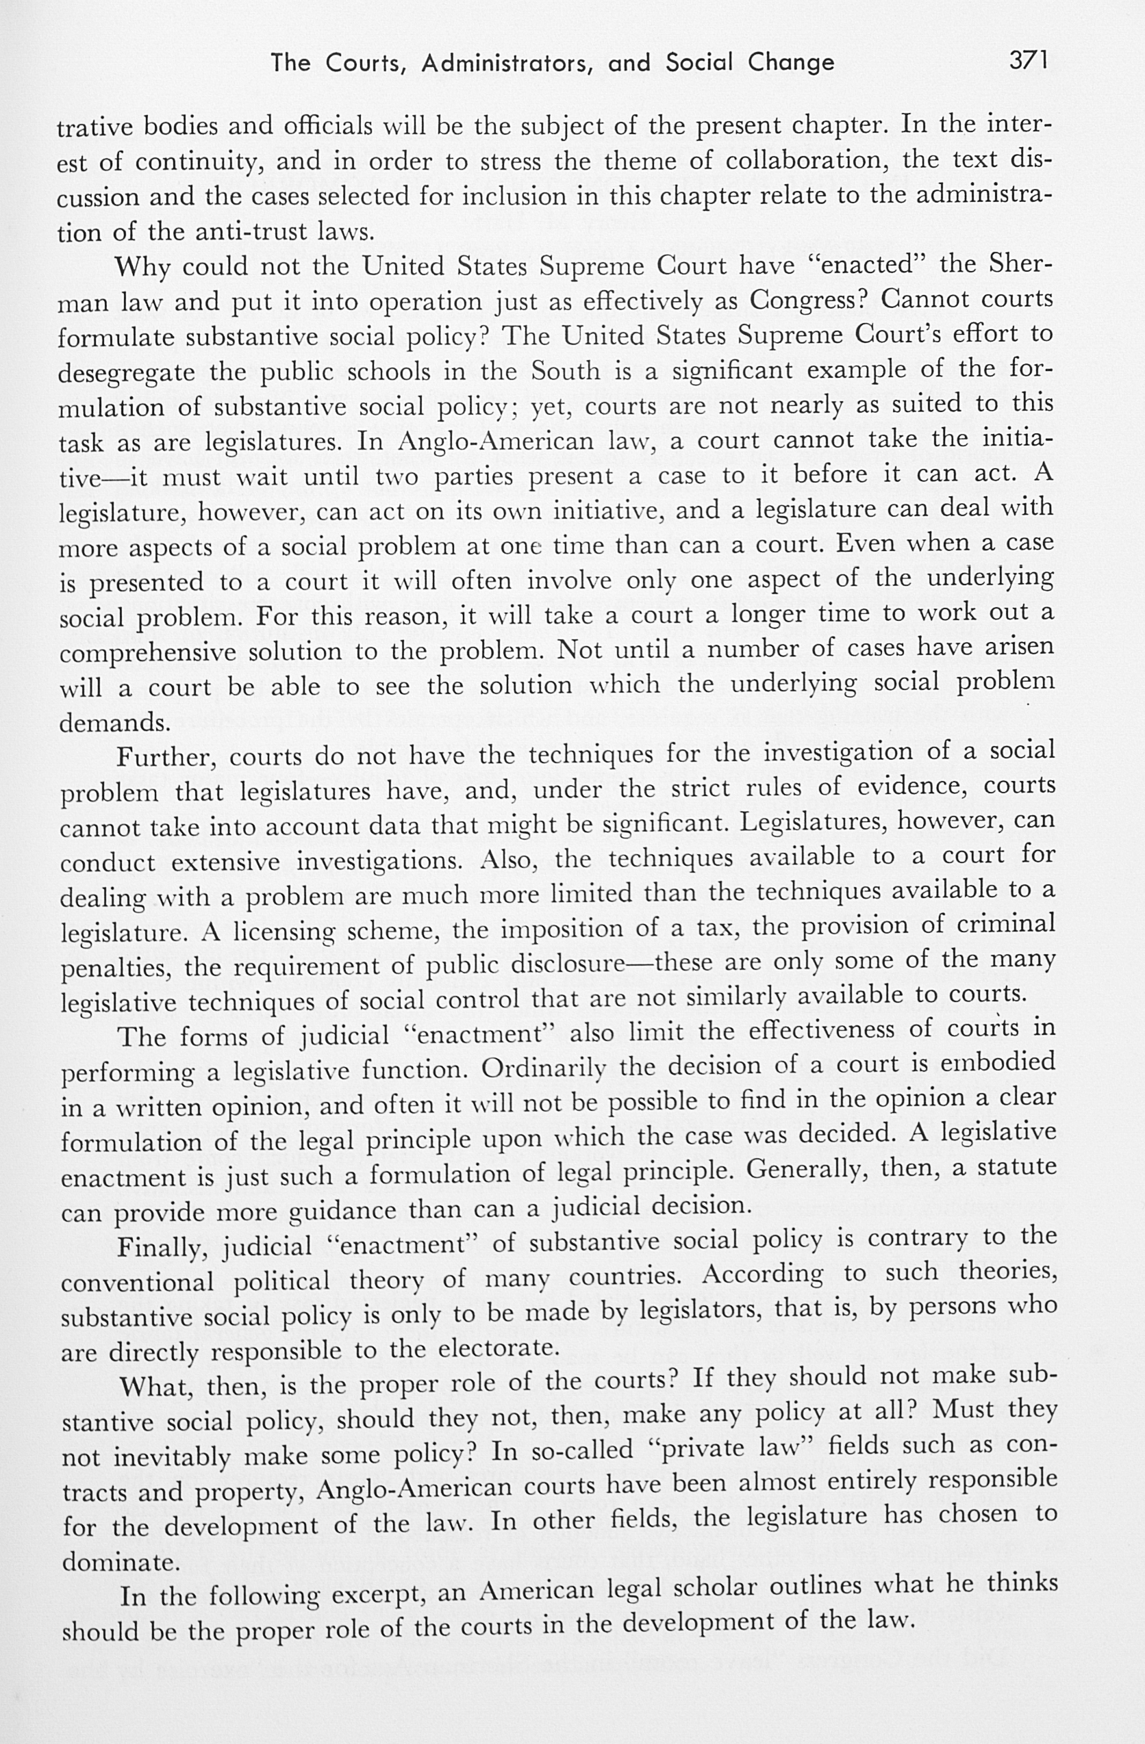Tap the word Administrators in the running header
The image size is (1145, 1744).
click(506, 64)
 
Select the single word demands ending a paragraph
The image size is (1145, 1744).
click(114, 723)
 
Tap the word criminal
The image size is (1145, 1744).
click(1006, 924)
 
